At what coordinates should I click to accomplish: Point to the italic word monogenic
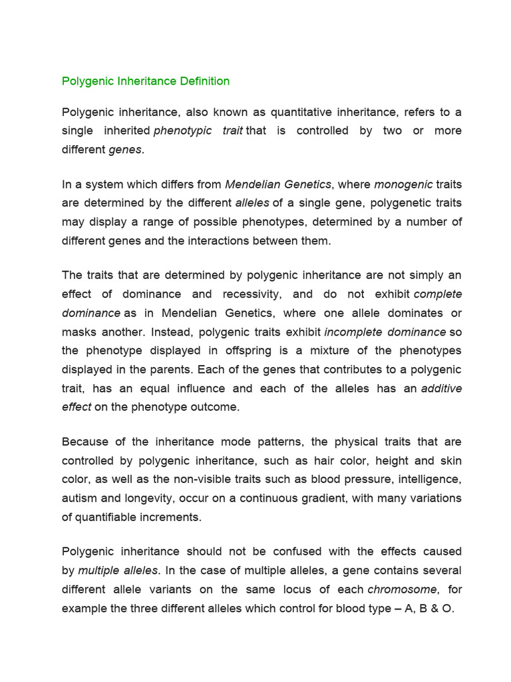(403, 184)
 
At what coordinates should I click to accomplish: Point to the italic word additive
(441, 388)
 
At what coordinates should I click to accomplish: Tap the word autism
(79, 498)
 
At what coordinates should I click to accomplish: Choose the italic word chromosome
(403, 589)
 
